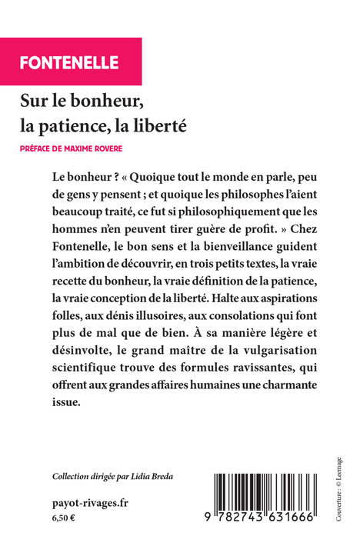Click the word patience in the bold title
[122, 124]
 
